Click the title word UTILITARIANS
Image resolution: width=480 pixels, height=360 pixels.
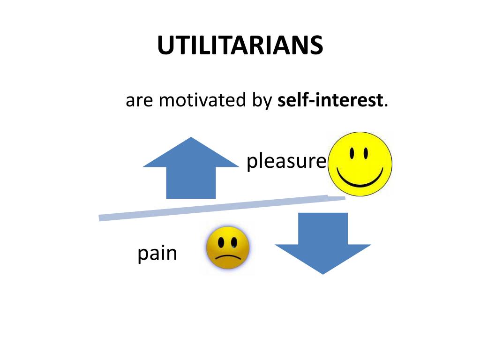pos(240,46)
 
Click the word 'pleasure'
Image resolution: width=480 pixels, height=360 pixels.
pos(286,162)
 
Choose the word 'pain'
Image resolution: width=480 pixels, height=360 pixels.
pos(157,255)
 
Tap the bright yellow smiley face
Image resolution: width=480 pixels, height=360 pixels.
pos(360,164)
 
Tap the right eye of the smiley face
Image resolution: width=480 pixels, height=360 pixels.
pos(365,153)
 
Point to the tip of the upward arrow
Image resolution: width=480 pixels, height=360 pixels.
pos(191,138)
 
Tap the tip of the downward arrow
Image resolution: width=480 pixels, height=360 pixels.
pos(323,273)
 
